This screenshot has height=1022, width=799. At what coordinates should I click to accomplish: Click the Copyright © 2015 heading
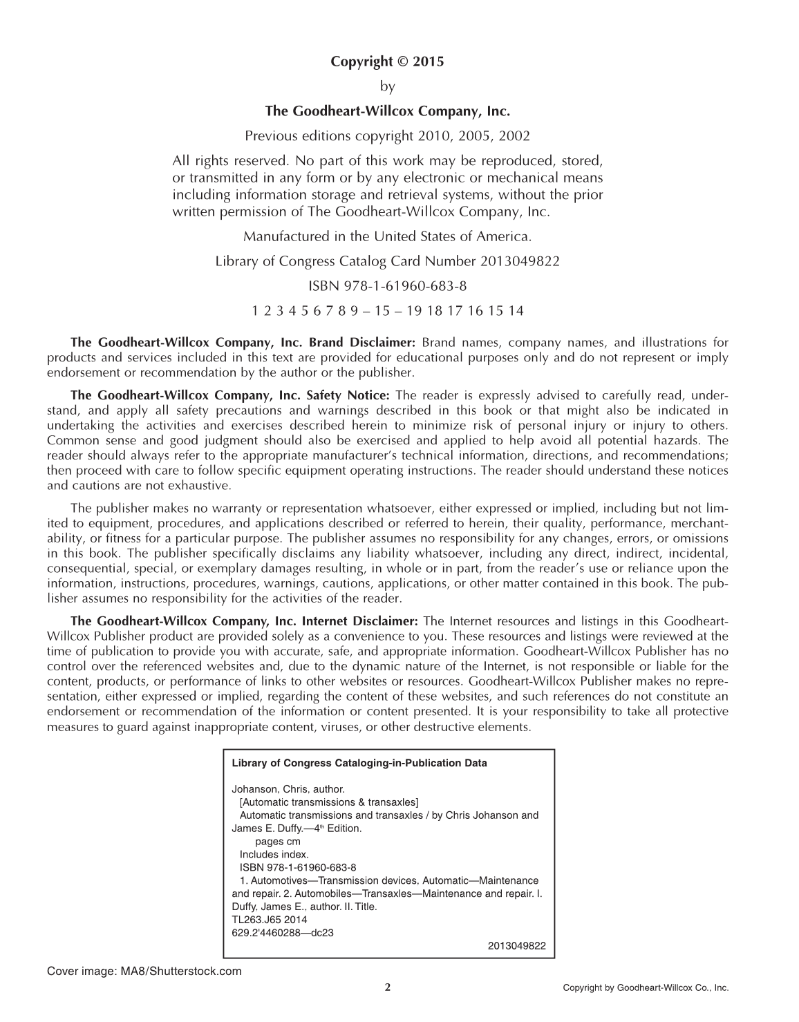pos(387,61)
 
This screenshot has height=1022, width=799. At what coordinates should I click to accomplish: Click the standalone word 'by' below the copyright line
pos(387,86)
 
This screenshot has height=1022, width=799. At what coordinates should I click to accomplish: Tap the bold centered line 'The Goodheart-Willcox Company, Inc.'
pos(387,111)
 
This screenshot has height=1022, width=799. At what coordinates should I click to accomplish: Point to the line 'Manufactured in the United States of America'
pos(387,236)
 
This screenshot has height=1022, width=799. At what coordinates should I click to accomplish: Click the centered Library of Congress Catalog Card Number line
pos(387,261)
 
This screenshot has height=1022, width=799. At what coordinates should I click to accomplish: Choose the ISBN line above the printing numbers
pos(387,285)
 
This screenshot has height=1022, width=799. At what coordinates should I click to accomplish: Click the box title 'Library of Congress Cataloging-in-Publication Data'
pos(359,764)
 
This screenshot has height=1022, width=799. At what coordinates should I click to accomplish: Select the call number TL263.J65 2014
pos(270,920)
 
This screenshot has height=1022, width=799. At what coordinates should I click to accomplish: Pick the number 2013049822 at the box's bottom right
pos(516,946)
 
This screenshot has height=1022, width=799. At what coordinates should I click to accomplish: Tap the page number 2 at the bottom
pos(387,987)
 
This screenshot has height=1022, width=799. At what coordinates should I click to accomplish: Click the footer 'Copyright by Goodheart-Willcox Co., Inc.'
pos(646,988)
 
